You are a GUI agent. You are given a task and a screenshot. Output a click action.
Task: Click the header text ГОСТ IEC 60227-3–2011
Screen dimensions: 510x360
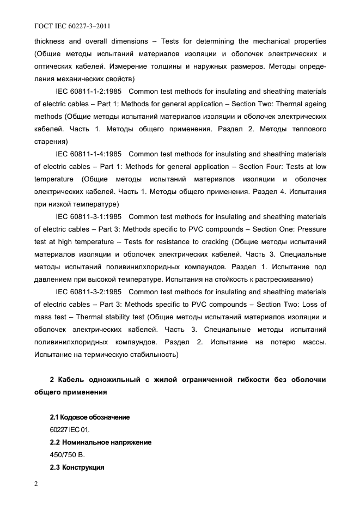click(69, 26)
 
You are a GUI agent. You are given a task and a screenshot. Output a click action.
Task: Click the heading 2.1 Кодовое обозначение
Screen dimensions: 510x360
click(90, 417)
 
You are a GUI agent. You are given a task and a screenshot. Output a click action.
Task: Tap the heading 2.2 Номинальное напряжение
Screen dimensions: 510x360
click(100, 442)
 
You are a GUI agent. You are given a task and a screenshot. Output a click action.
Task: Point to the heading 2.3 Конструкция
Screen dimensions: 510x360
click(77, 467)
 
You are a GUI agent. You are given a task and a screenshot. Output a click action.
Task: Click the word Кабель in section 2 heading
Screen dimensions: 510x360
click(71, 379)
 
